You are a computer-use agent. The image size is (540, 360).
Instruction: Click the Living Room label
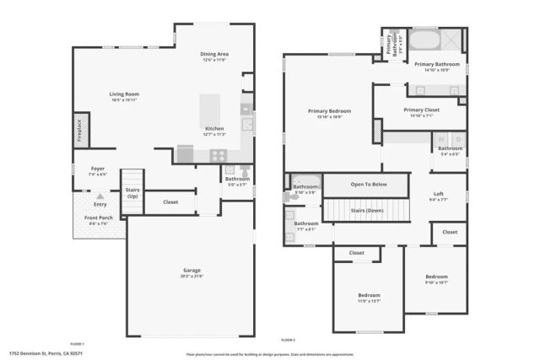pyautogui.click(x=124, y=94)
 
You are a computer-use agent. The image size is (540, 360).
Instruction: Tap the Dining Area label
pyautogui.click(x=215, y=54)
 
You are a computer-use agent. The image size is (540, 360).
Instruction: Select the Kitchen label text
pyautogui.click(x=214, y=129)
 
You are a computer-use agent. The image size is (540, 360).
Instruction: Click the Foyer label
pyautogui.click(x=98, y=169)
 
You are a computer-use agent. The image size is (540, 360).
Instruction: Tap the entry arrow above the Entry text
pyautogui.click(x=100, y=196)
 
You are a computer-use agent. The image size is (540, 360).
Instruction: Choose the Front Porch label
pyautogui.click(x=98, y=218)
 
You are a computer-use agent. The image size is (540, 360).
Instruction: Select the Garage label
pyautogui.click(x=192, y=271)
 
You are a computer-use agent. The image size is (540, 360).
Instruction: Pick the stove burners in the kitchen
pyautogui.click(x=217, y=155)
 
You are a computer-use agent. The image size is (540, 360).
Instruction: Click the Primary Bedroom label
pyautogui.click(x=329, y=110)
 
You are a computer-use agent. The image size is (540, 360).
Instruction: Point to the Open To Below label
pyautogui.click(x=369, y=184)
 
